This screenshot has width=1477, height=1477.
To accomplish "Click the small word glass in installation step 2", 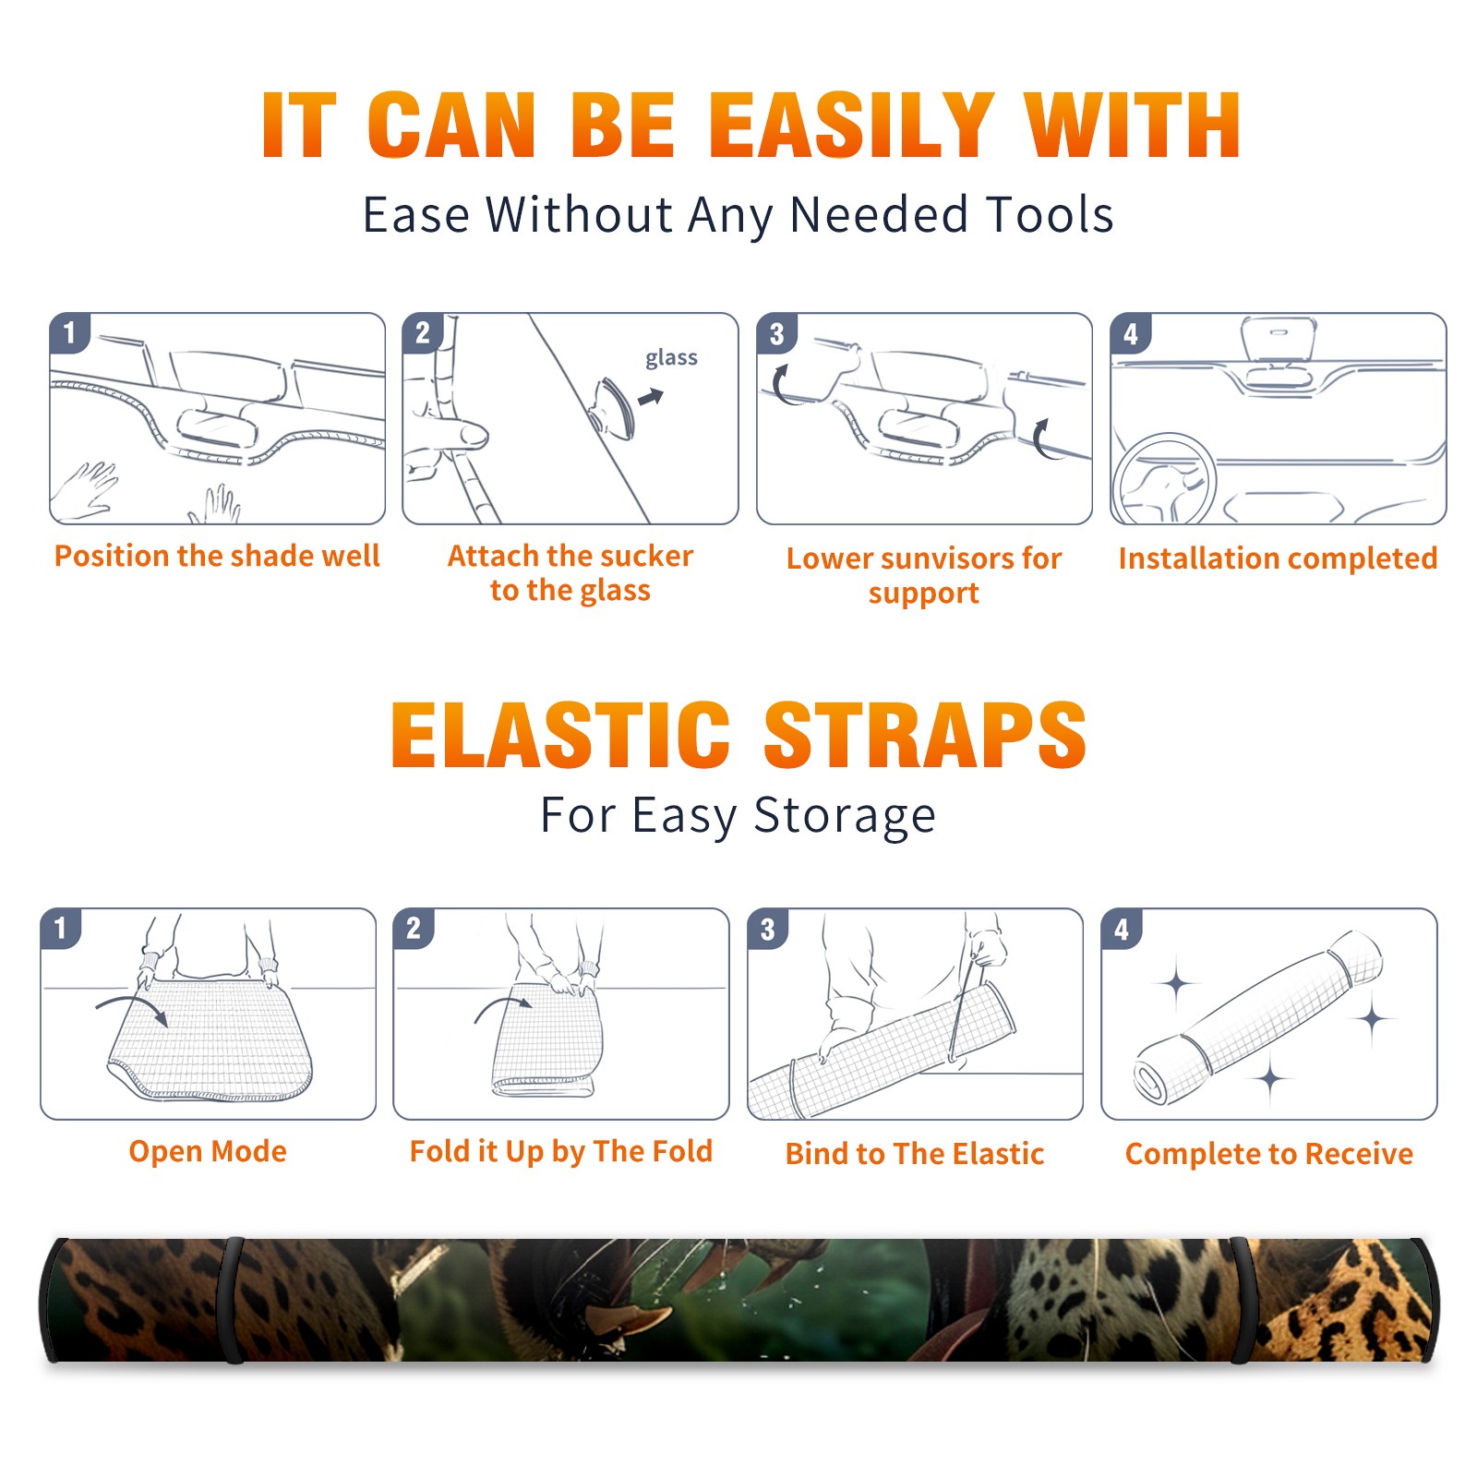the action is coord(671,358).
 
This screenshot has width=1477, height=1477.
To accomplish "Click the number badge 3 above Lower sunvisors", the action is coord(776,334).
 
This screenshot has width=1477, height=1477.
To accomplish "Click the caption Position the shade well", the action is coord(217,556).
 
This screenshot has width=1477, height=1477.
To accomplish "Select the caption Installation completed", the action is coord(1278,558).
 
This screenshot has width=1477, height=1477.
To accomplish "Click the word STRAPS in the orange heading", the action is coord(925,735).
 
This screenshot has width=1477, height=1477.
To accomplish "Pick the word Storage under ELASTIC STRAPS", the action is coord(845,816).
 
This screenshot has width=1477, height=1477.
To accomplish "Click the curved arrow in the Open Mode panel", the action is coord(132,1008).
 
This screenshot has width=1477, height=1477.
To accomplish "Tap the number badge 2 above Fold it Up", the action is coord(414,929).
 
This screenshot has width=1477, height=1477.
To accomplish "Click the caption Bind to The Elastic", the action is coord(914,1154).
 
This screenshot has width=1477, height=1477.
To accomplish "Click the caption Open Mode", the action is coord(208,1151).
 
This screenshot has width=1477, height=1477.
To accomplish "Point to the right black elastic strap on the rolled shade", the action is coord(1243,1301).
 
